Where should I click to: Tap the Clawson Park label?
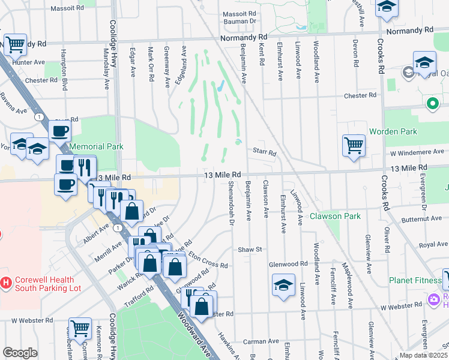[335, 216]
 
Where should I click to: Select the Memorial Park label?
[96, 146]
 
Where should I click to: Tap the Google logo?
[19, 353]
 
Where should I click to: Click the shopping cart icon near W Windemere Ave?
[354, 145]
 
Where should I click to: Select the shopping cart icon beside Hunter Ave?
[14, 44]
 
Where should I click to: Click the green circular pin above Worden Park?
[432, 104]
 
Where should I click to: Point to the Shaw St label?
[250, 249]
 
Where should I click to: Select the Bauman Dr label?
[240, 21]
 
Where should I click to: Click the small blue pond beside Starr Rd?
[239, 142]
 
